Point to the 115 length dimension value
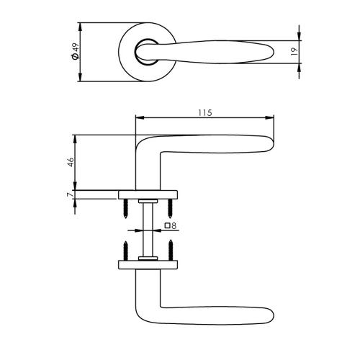(x=204, y=113)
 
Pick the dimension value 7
(x=69, y=195)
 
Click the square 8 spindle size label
(x=171, y=225)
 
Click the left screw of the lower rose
(x=125, y=251)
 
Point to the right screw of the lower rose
(x=171, y=251)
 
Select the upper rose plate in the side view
(x=148, y=193)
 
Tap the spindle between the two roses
(x=148, y=229)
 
